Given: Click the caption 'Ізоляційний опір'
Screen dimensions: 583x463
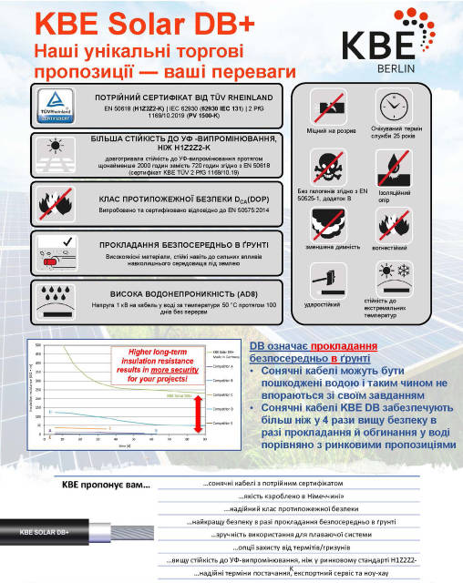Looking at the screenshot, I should point(394,193).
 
